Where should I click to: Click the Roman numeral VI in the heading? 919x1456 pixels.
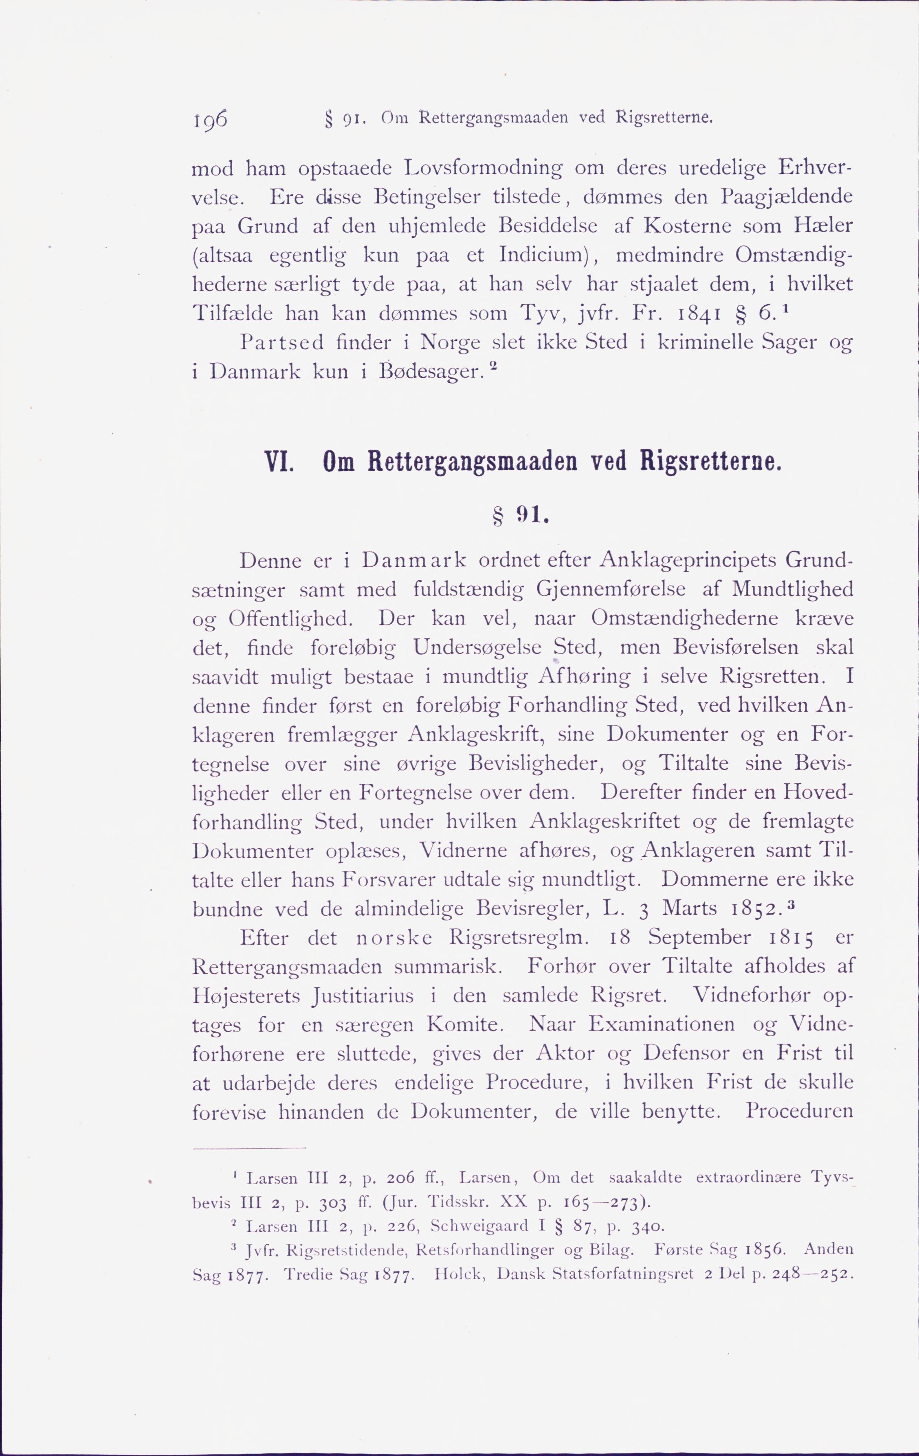pos(279,464)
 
